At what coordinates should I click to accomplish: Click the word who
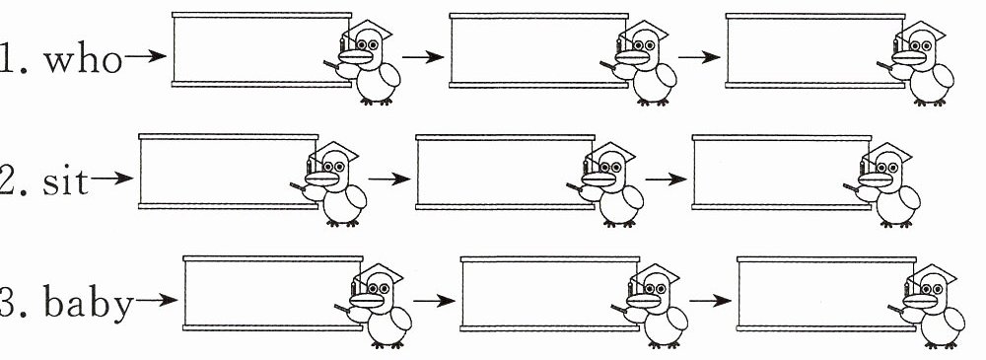pyautogui.click(x=83, y=60)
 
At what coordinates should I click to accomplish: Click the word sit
pyautogui.click(x=65, y=182)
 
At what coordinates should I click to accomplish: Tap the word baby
pyautogui.click(x=88, y=304)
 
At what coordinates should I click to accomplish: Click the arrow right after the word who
pyautogui.click(x=145, y=56)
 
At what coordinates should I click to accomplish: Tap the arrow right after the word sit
pyautogui.click(x=112, y=179)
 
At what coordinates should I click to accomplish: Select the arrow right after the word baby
pyautogui.click(x=157, y=300)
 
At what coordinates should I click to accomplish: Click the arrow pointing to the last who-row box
pyautogui.click(x=699, y=57)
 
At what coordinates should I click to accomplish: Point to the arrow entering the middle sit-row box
pyautogui.click(x=389, y=179)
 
